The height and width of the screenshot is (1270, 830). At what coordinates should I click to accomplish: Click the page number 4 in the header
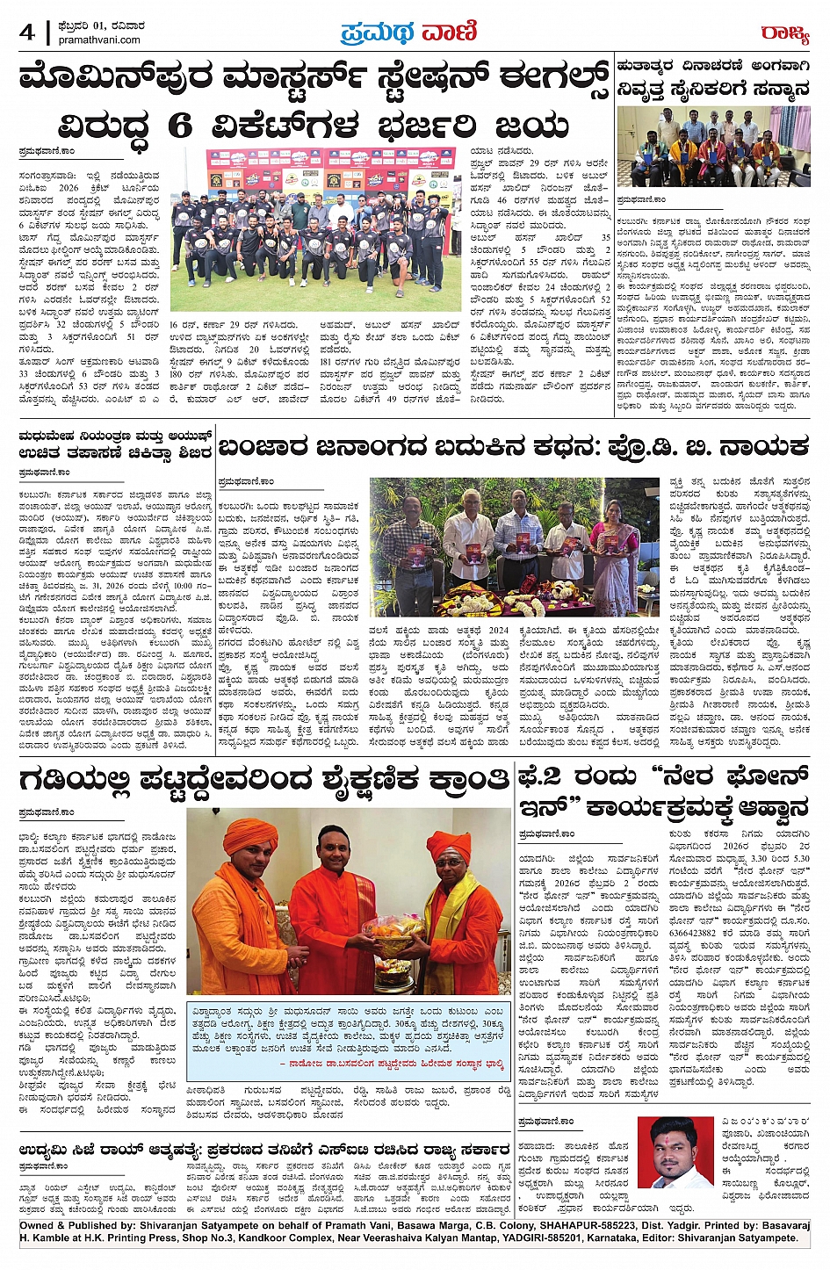(x=26, y=32)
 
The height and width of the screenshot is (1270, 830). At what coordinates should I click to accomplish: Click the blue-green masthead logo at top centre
(x=408, y=32)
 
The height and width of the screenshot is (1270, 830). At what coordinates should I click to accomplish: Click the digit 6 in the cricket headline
(x=179, y=126)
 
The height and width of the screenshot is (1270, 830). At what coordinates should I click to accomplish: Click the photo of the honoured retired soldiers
(x=713, y=145)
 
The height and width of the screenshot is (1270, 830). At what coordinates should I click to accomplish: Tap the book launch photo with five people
(x=515, y=546)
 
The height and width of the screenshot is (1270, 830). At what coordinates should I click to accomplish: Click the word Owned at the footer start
(x=38, y=1226)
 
